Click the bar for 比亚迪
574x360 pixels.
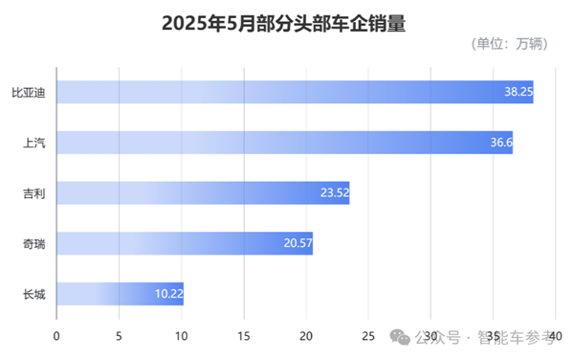[x=295, y=93]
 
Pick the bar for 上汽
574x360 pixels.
[x=284, y=143]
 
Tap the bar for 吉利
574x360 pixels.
[x=203, y=192]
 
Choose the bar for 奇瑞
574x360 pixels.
[x=185, y=243]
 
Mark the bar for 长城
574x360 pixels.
[x=120, y=293]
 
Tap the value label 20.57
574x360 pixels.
[x=298, y=243]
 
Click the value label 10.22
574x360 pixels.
[x=167, y=293]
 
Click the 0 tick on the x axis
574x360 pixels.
[x=56, y=336]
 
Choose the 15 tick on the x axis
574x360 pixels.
[x=244, y=336]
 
